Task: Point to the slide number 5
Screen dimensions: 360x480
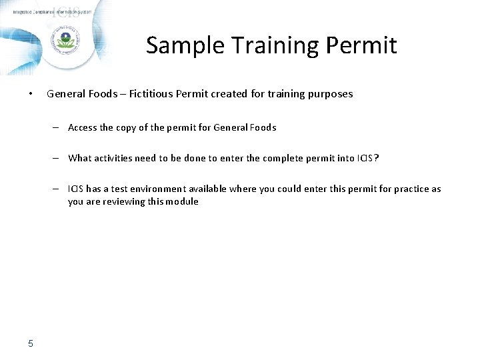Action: click(31, 343)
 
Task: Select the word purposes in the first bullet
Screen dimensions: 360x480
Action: click(327, 94)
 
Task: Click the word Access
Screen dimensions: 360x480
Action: click(82, 127)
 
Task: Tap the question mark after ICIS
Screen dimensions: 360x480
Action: click(377, 158)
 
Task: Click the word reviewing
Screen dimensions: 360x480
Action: click(125, 201)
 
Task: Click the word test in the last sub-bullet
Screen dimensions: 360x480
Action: click(121, 189)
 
